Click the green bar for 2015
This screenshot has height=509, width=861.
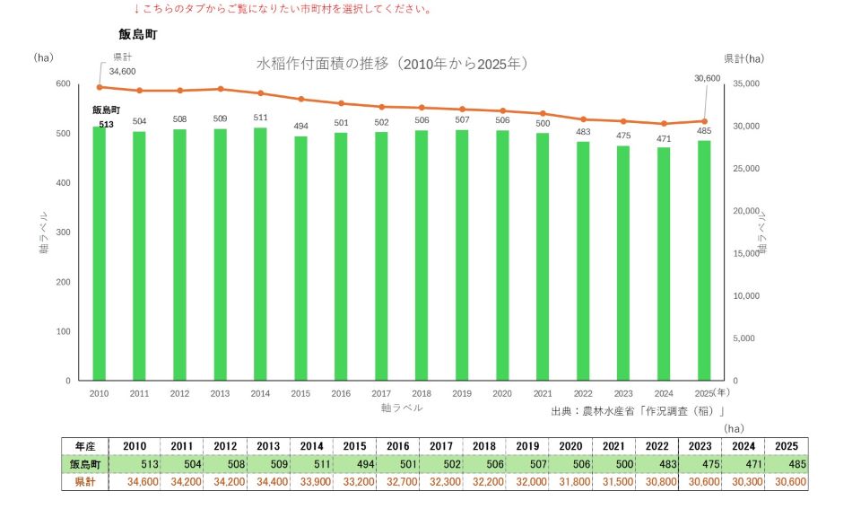coord(300,258)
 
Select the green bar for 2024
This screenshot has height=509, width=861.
coord(664,264)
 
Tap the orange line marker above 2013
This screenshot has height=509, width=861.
coord(221,89)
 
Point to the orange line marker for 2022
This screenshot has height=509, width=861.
coord(583,119)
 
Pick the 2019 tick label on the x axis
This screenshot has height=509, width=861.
coord(462,393)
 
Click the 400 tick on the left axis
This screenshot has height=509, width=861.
coord(63,183)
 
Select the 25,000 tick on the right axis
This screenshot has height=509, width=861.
coord(746,169)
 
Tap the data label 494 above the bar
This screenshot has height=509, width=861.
coord(301,127)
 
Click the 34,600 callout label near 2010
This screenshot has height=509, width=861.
coord(122,72)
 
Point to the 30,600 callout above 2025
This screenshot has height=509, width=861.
coord(708,79)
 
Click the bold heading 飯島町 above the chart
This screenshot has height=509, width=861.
coord(138,35)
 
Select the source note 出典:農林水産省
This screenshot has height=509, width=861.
coord(638,411)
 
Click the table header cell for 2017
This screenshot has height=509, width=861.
coord(441,446)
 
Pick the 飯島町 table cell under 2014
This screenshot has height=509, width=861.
coord(311,464)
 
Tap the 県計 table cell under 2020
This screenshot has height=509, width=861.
coord(570,482)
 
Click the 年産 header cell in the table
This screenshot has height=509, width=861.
coord(85,446)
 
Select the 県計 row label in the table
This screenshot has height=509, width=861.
coord(85,482)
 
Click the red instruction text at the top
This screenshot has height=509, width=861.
coord(283,9)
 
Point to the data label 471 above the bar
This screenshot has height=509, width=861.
coord(664,139)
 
